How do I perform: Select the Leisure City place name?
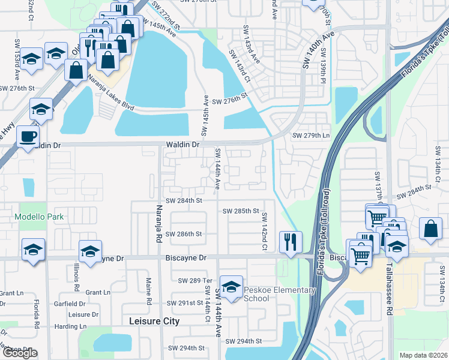point(154,321)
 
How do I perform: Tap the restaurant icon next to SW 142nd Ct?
point(291,242)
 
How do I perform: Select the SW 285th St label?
point(240,211)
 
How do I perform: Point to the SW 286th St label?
point(184,233)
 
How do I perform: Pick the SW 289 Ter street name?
point(196,280)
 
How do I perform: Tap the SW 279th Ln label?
point(311,136)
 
